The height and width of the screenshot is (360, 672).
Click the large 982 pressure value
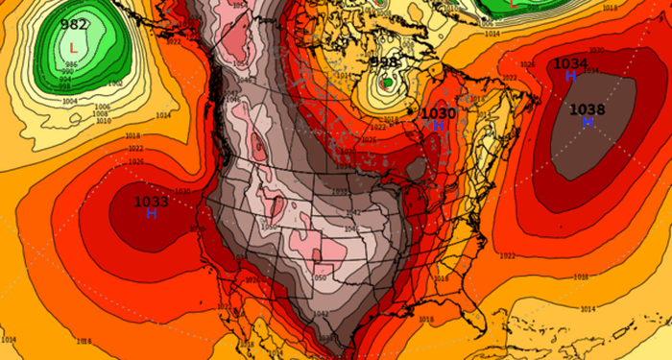(x=73, y=25)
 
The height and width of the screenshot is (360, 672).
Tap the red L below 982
(x=73, y=45)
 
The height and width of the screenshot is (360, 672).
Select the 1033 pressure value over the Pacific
(x=151, y=202)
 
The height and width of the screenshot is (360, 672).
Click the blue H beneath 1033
(x=152, y=214)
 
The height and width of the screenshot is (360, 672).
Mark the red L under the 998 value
(x=386, y=83)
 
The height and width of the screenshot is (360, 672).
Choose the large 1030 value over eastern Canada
(x=439, y=113)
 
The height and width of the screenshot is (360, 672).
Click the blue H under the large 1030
(x=438, y=126)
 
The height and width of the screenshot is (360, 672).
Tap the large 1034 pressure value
(x=570, y=63)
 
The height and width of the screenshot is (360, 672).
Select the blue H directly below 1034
(x=570, y=76)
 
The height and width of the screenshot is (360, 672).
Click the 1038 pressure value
(x=587, y=109)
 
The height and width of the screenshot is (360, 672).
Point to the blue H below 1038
(x=587, y=122)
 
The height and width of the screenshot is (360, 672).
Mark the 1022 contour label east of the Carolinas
(x=508, y=256)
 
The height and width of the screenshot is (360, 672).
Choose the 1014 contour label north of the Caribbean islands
(x=587, y=309)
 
